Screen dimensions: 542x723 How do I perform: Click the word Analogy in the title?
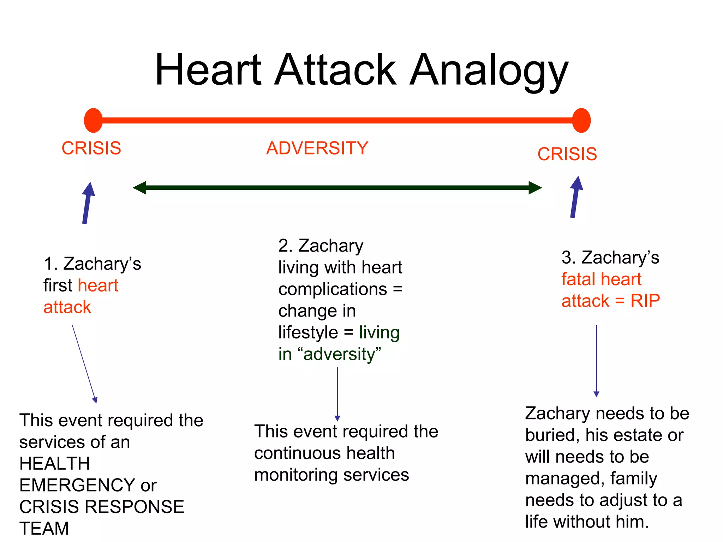tap(489, 71)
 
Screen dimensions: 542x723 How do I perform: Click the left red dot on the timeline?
tap(93, 120)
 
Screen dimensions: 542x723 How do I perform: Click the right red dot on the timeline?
tap(581, 120)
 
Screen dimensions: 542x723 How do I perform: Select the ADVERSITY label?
tap(317, 148)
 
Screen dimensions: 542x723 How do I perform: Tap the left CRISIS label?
tap(91, 148)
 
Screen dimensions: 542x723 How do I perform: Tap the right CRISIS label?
tap(567, 154)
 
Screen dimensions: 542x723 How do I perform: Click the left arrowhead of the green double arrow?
tap(140, 188)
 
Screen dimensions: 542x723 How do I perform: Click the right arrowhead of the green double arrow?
tap(534, 188)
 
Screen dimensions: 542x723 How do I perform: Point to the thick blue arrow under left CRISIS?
tap(87, 204)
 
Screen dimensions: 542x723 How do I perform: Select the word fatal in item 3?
tap(578, 279)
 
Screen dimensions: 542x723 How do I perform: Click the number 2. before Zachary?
tap(285, 246)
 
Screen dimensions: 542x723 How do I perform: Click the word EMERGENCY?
tap(77, 485)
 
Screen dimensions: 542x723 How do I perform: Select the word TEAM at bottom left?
tap(44, 529)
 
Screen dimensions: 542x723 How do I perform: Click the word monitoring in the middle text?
tap(296, 475)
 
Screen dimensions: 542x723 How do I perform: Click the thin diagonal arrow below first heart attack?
tap(84, 363)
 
